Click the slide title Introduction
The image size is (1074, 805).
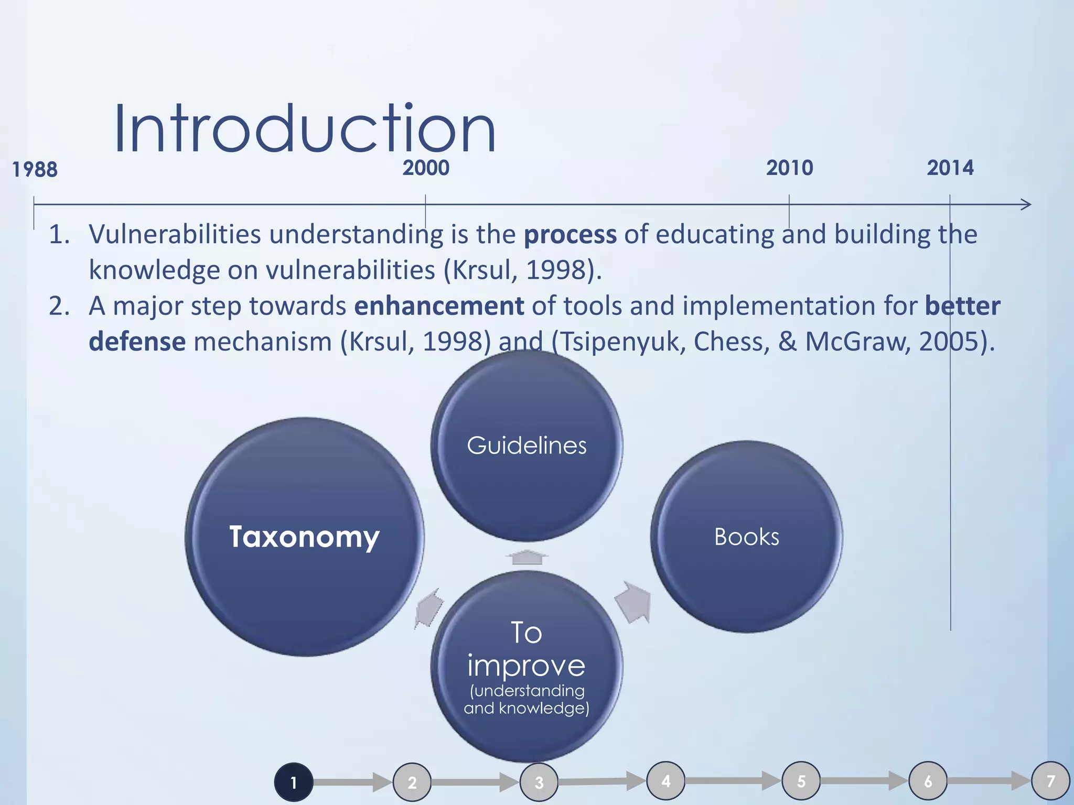(304, 129)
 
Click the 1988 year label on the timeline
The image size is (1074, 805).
(35, 170)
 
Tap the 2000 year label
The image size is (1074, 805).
(426, 168)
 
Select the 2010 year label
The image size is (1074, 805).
(789, 168)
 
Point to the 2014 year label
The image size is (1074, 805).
(950, 168)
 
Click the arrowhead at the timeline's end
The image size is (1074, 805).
(1026, 204)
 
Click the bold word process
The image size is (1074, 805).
(570, 234)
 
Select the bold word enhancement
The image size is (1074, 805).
(439, 306)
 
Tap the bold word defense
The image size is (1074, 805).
(137, 342)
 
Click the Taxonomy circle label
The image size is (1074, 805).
(304, 537)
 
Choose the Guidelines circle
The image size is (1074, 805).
(527, 445)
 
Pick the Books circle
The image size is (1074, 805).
(746, 537)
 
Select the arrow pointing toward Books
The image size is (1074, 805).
(634, 603)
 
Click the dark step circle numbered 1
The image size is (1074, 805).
(294, 782)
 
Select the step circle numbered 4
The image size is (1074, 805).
(666, 781)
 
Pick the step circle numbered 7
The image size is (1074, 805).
(1050, 781)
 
